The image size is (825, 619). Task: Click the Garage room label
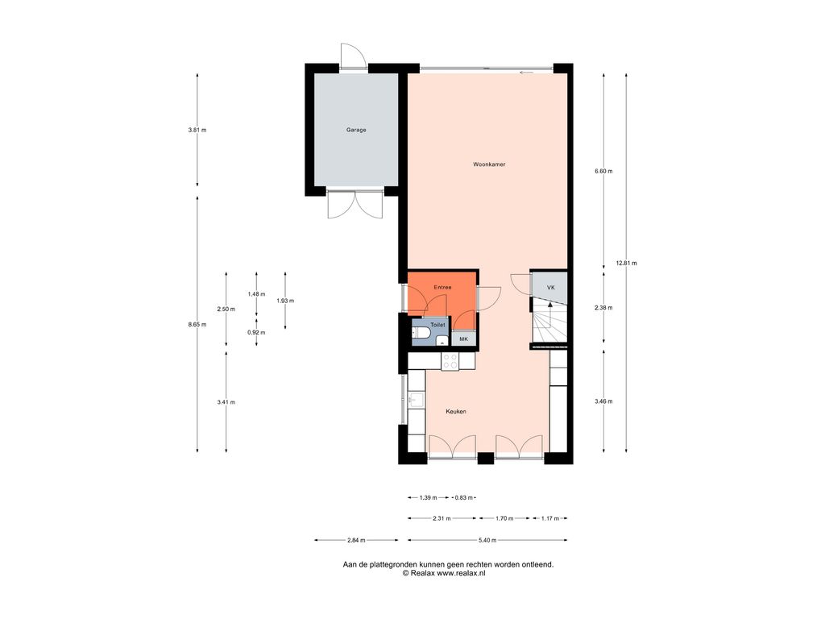coord(356,130)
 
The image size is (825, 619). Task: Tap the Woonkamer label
coord(489,164)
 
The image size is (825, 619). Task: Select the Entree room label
coord(442,288)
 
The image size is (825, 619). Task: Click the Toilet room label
coord(437,326)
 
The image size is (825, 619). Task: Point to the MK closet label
coord(463,339)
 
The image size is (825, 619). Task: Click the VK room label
coord(551,288)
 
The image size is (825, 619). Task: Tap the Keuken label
coord(456,412)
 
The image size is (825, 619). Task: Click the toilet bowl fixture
coord(420,333)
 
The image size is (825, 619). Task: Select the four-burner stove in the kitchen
coord(450,361)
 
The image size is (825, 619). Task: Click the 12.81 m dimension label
coord(626,264)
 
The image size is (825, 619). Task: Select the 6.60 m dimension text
coord(603,171)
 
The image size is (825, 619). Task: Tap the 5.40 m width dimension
coord(487,540)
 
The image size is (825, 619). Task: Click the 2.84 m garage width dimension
coord(356,540)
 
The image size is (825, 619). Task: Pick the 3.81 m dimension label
coord(197,130)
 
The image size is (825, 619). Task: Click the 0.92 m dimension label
coord(256,333)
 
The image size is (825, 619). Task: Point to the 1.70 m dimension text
coord(504,518)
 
